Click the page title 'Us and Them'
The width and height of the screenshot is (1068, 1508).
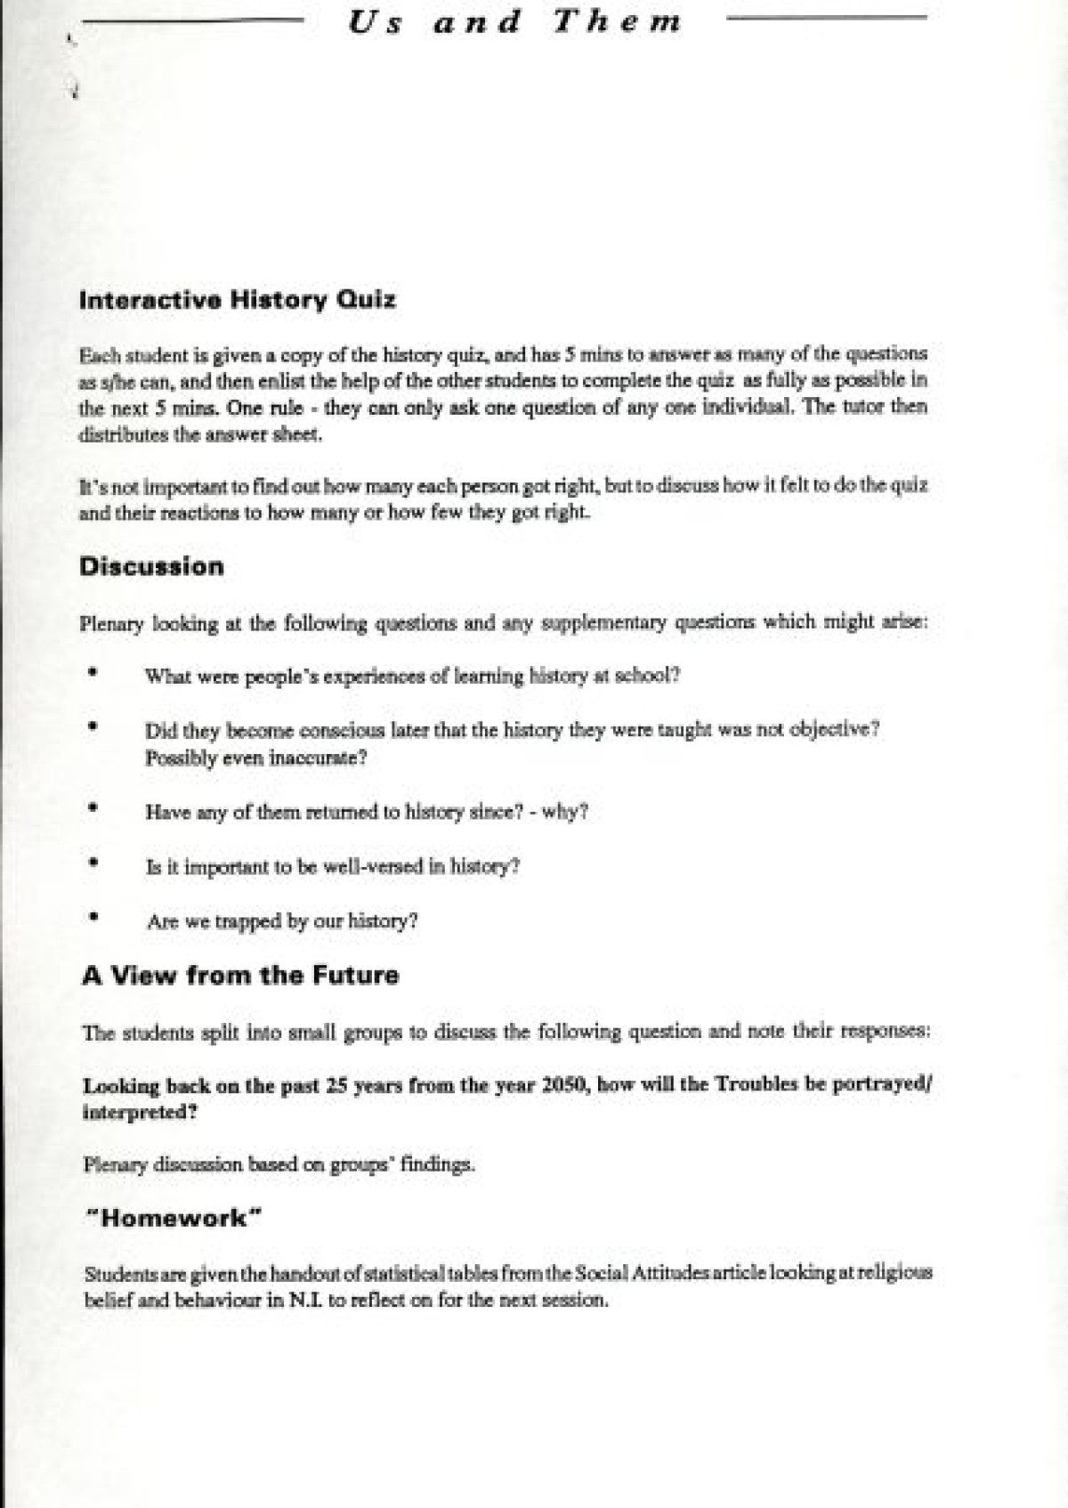click(x=514, y=21)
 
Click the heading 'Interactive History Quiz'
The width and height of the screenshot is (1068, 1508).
click(x=238, y=299)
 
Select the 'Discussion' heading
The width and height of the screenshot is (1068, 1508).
click(x=151, y=566)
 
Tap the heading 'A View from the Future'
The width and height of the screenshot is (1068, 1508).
click(x=240, y=975)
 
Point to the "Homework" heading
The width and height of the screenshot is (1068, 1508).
click(x=173, y=1218)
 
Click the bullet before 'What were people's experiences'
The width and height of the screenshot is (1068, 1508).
click(x=92, y=674)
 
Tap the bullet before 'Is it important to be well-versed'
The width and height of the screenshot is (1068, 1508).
click(x=93, y=863)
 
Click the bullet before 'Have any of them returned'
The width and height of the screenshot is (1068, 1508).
click(x=93, y=808)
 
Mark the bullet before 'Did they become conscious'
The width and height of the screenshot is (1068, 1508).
click(x=92, y=726)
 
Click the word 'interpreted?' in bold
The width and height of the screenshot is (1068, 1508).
click(x=140, y=1112)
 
